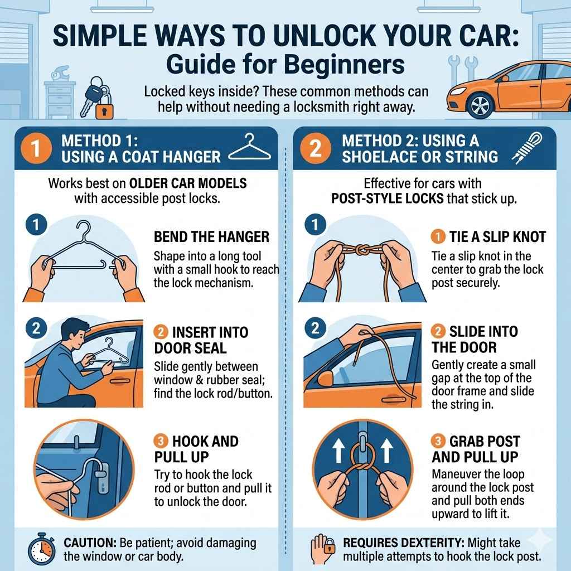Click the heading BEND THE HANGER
click(211, 237)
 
